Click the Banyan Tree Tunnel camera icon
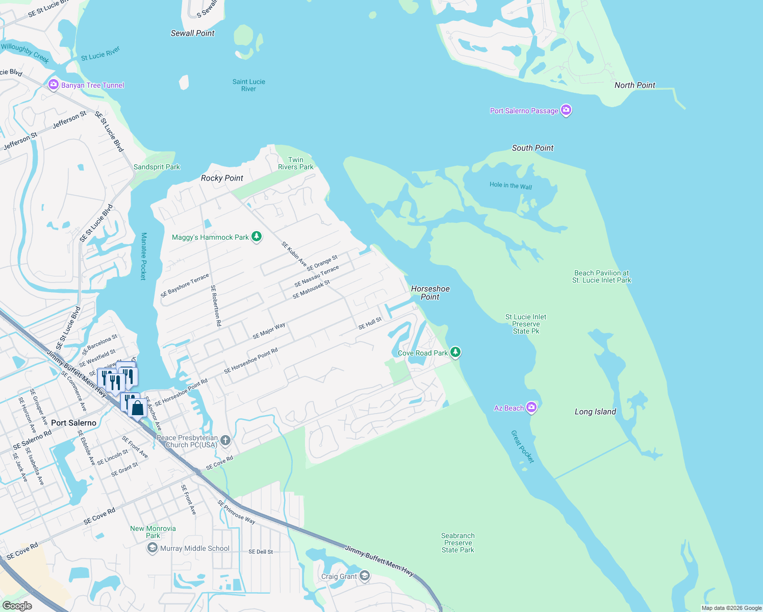(x=54, y=85)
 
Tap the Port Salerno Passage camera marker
(x=566, y=110)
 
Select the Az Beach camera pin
(x=531, y=407)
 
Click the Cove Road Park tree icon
(x=455, y=352)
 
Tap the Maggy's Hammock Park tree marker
(x=257, y=237)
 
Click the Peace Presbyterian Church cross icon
(x=225, y=440)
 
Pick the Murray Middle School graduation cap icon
(x=152, y=548)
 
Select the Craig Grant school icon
(x=364, y=576)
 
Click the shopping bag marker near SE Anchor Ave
(x=137, y=408)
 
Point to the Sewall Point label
(x=192, y=33)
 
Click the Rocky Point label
(x=222, y=178)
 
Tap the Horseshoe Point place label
(x=430, y=293)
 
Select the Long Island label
(x=595, y=412)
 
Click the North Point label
(x=634, y=85)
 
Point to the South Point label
(x=532, y=148)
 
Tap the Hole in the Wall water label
(x=511, y=186)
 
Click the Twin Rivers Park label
(x=295, y=163)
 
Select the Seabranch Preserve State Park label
(x=457, y=543)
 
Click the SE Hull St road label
(x=370, y=323)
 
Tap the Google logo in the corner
(x=17, y=606)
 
